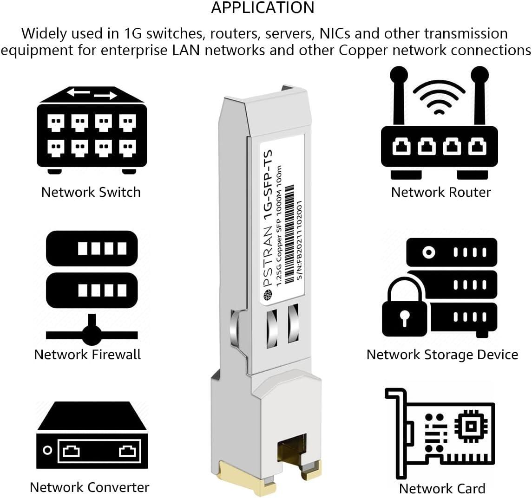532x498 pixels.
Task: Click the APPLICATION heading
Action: click(263, 8)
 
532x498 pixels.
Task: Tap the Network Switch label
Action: click(91, 192)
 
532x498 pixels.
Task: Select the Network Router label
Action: click(441, 192)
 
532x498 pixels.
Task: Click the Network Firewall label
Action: click(87, 354)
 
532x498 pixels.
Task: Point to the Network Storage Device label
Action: click(442, 354)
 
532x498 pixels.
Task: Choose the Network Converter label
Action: click(90, 487)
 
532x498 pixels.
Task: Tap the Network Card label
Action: click(442, 489)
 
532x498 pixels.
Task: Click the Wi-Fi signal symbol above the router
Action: click(439, 97)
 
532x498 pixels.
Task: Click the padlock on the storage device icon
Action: click(404, 309)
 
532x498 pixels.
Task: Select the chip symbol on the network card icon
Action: click(471, 426)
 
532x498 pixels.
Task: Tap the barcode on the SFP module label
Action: click(289, 234)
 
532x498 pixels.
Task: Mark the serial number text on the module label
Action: click(299, 239)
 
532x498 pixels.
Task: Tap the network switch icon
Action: click(92, 130)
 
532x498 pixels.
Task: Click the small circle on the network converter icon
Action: click(47, 450)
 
